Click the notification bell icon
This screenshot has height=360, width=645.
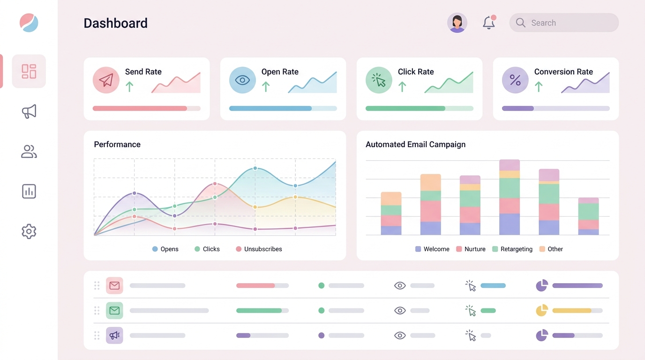pyautogui.click(x=489, y=23)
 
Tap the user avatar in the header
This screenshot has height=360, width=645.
pyautogui.click(x=457, y=23)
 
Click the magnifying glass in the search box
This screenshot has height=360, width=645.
pyautogui.click(x=520, y=23)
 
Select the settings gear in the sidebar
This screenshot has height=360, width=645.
pyautogui.click(x=29, y=231)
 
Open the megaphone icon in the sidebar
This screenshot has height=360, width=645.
pyautogui.click(x=29, y=112)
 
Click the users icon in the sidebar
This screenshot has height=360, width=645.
pyautogui.click(x=29, y=151)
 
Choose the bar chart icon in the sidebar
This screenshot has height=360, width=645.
pyautogui.click(x=29, y=191)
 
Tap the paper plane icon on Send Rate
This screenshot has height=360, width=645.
pyautogui.click(x=106, y=80)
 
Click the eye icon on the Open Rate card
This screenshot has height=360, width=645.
pyautogui.click(x=242, y=80)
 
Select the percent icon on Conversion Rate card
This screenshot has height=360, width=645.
pyautogui.click(x=515, y=80)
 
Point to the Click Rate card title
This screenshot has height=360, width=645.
pyautogui.click(x=415, y=72)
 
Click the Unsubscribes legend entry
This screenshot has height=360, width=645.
pyautogui.click(x=259, y=249)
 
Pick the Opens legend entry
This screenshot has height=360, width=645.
pyautogui.click(x=165, y=249)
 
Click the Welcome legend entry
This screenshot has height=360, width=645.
pyautogui.click(x=432, y=249)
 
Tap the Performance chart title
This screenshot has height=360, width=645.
pyautogui.click(x=117, y=144)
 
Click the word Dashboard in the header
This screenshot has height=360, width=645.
pyautogui.click(x=115, y=23)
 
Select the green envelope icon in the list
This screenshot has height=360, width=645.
pyautogui.click(x=114, y=310)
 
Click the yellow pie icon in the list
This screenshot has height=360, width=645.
pyautogui.click(x=541, y=310)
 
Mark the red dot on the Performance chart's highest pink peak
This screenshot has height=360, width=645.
pyautogui.click(x=215, y=184)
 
